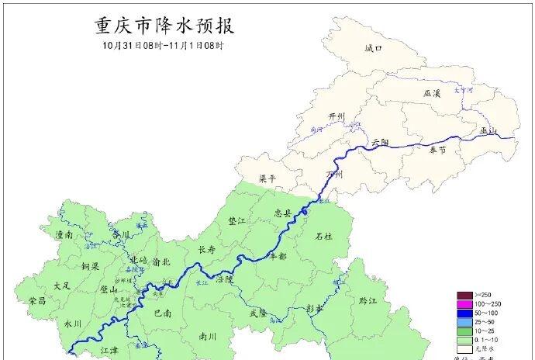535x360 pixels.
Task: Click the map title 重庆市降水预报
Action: [164, 26]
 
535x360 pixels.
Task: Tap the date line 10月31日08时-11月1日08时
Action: [164, 46]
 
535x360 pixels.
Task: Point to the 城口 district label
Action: [374, 48]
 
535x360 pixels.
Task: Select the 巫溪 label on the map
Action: [432, 93]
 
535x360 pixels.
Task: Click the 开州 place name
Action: [336, 116]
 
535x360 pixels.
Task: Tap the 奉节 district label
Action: [437, 150]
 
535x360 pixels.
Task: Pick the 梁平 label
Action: [267, 178]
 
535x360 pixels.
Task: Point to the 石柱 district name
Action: [323, 236]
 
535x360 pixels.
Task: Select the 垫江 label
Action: [237, 220]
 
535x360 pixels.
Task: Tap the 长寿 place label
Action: [206, 250]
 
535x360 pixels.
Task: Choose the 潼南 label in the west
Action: [64, 233]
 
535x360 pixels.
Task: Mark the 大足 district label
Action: [62, 286]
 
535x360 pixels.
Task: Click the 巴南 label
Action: [163, 313]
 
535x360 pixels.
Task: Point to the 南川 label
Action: [207, 337]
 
